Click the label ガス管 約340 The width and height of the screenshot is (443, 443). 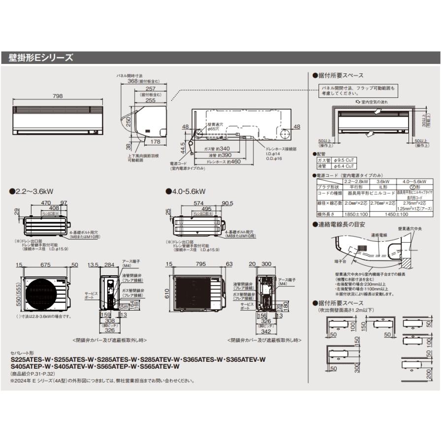click(x=217, y=148)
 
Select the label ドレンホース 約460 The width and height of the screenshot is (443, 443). click(x=223, y=161)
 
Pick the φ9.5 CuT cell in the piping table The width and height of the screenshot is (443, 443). click(x=344, y=160)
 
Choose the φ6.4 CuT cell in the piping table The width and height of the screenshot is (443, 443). click(x=344, y=166)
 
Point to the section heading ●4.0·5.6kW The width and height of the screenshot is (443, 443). click(x=189, y=191)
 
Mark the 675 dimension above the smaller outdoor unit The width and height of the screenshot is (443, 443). click(x=45, y=265)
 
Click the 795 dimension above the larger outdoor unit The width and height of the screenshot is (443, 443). click(x=200, y=265)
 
